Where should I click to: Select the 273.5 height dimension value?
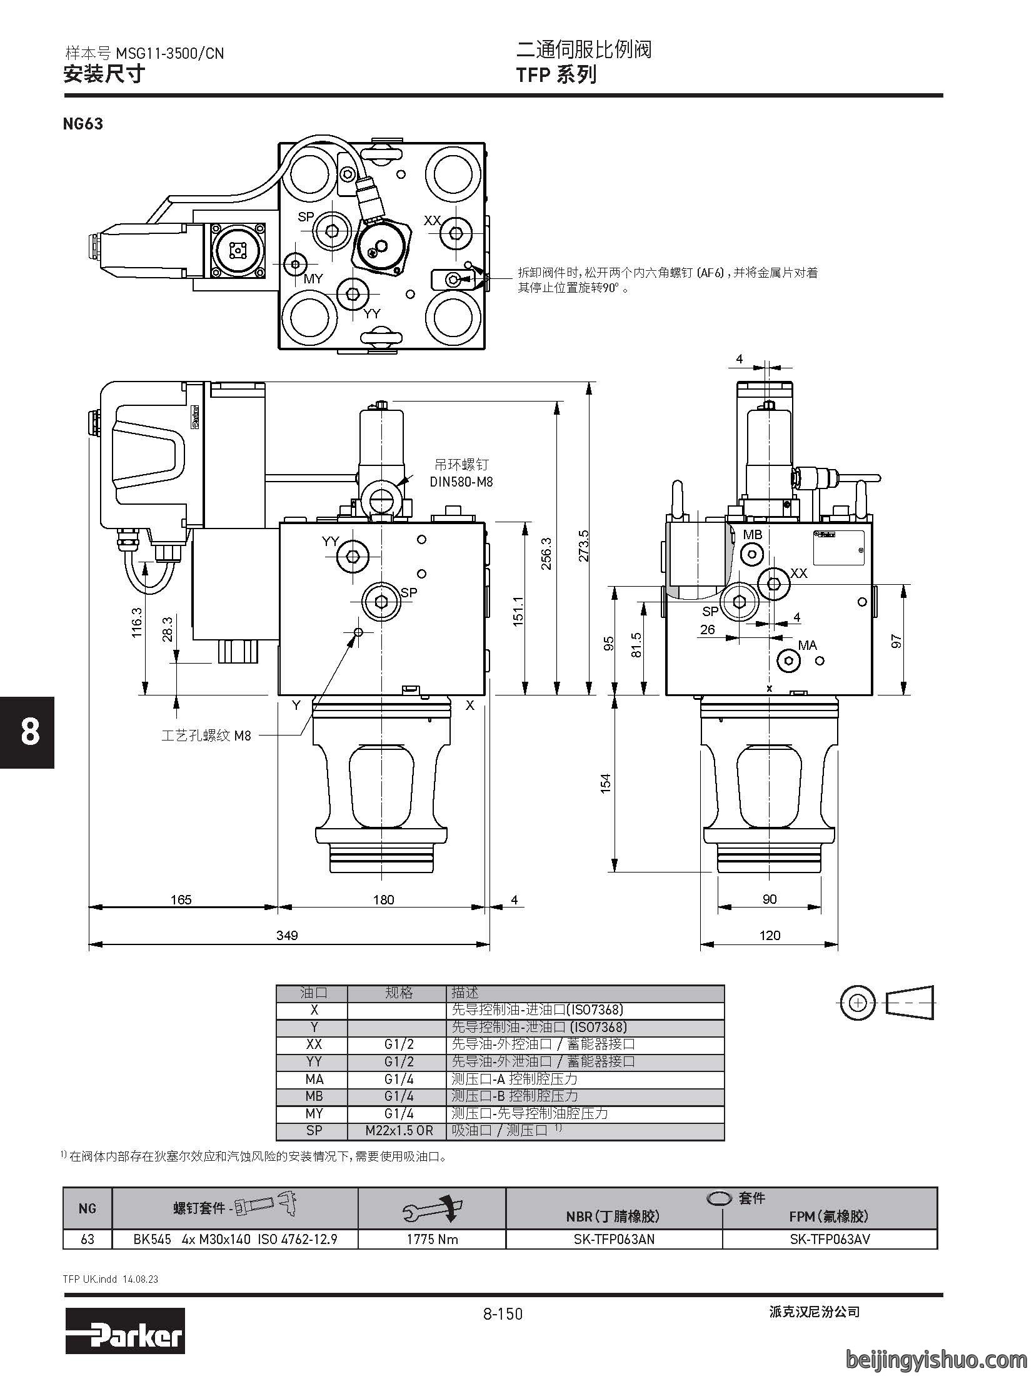point(583,546)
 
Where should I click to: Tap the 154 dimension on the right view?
point(605,784)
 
